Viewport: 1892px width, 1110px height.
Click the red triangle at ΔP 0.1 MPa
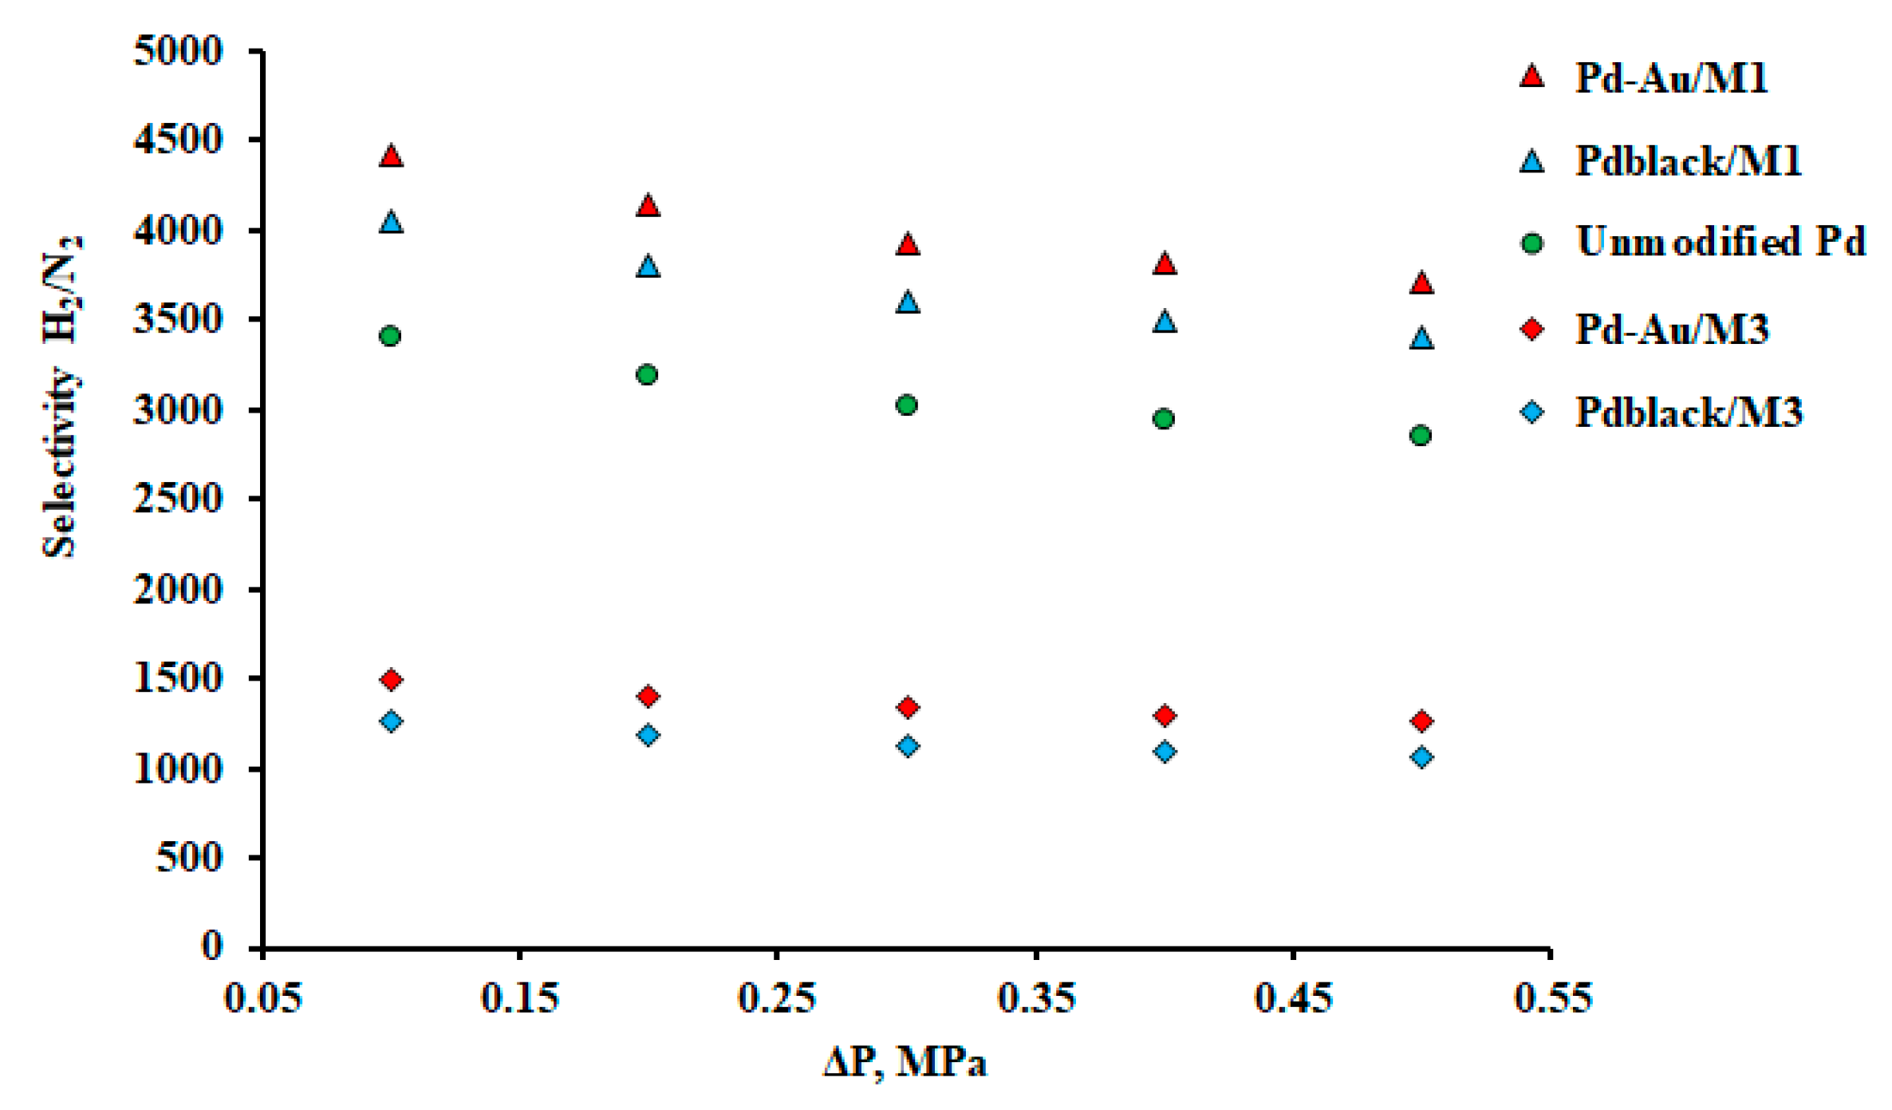391,156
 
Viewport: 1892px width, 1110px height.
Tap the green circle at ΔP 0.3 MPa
906,405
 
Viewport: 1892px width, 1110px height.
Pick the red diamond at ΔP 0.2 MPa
648,697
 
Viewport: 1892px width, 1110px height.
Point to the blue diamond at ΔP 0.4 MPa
1165,752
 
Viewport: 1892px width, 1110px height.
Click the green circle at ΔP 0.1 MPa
390,336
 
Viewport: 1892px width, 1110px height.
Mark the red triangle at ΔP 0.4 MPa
1165,264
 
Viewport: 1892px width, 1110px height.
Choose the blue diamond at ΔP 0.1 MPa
391,721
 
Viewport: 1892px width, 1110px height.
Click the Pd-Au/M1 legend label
1671,78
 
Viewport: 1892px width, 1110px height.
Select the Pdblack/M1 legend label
1688,161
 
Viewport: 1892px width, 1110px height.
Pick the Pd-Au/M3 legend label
1671,329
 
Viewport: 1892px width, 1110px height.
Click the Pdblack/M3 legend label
1688,413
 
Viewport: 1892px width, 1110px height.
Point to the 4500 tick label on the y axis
177,140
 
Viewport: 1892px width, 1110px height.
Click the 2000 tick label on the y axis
177,590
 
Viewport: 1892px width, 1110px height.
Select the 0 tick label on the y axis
211,946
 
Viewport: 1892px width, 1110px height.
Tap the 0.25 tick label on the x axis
776,998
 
